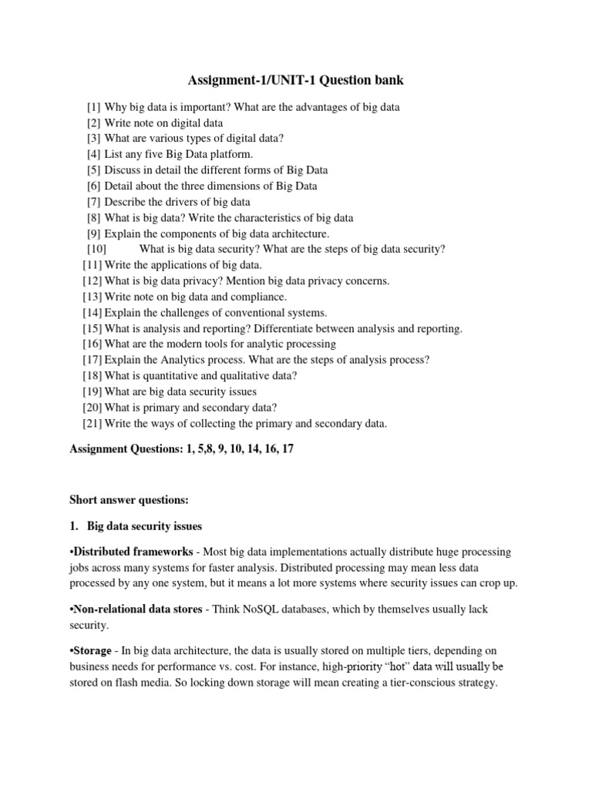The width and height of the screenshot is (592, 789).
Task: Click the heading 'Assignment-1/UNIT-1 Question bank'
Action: point(296,80)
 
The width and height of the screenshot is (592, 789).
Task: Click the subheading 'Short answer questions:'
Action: point(124,499)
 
